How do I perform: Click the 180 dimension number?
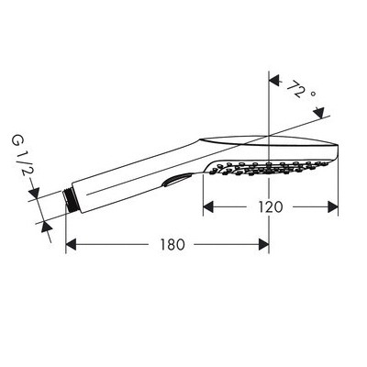[x=172, y=245]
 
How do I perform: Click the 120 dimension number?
[x=271, y=207]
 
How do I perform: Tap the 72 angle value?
[x=296, y=89]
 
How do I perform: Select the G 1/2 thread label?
[x=23, y=155]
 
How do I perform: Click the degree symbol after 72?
[x=313, y=95]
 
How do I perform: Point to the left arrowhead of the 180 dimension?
[x=71, y=245]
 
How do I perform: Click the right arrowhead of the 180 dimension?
[x=263, y=245]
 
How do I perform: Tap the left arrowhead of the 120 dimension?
[x=208, y=207]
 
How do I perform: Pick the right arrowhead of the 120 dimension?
[x=333, y=207]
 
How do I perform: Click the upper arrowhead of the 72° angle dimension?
[x=274, y=81]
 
